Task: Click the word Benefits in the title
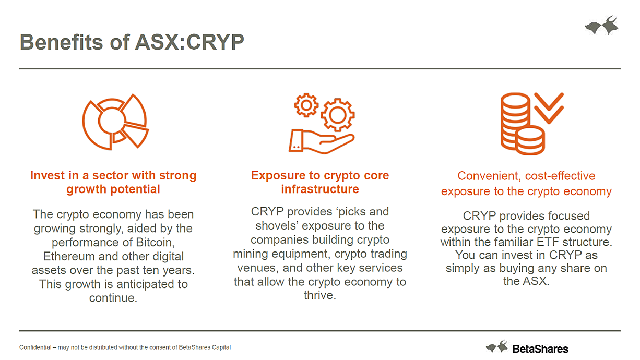tap(61, 42)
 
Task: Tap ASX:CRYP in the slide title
tap(189, 42)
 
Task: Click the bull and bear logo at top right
tap(602, 25)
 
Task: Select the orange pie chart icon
tap(115, 122)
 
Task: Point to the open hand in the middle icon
tap(322, 142)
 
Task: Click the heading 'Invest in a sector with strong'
tap(113, 175)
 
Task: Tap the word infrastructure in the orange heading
tap(320, 189)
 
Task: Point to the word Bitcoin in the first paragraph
tap(155, 243)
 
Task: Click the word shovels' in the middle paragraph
tap(277, 226)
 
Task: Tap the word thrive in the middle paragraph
tap(318, 295)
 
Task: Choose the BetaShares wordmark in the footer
tap(540, 349)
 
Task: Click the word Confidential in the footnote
tap(35, 347)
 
